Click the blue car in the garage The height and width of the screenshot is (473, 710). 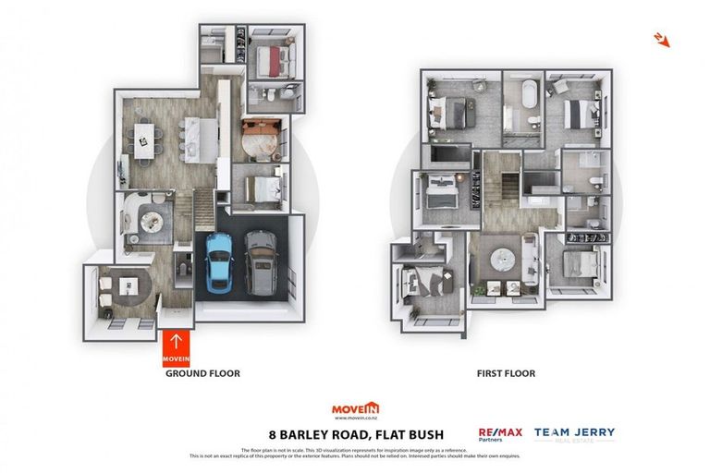coord(218,262)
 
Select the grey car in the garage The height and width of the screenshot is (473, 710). coord(261,262)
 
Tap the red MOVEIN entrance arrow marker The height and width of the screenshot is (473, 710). coord(176,348)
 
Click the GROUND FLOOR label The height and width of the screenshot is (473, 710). coord(202,374)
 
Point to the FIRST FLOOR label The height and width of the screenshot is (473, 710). coord(506,374)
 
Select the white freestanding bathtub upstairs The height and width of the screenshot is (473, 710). coord(528,96)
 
